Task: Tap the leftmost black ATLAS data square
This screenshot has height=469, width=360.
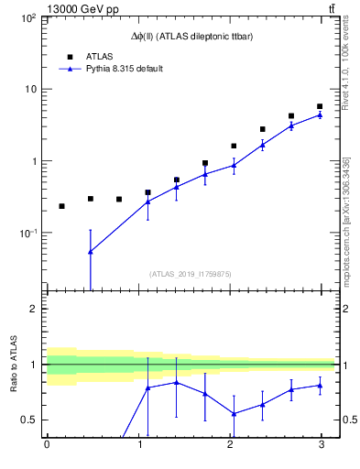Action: pos(61,206)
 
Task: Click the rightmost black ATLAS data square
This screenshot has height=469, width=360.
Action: pos(320,107)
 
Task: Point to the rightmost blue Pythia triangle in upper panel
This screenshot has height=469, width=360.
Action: pos(320,115)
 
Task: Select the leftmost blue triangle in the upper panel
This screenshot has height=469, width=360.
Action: pos(90,251)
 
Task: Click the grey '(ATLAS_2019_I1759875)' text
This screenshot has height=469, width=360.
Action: pos(190,273)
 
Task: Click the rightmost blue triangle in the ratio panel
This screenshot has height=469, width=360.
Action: pos(320,385)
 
